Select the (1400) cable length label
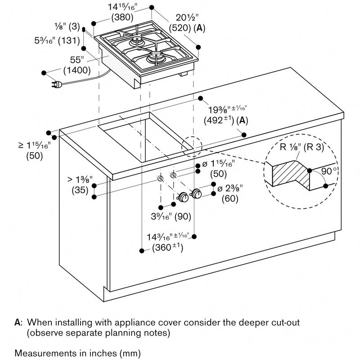point(77,70)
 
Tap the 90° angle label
point(328,171)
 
